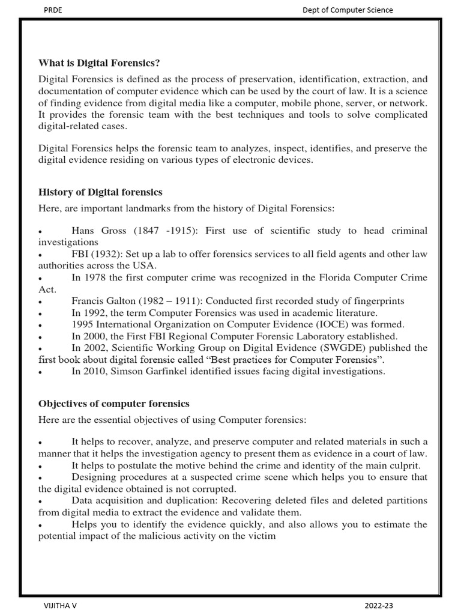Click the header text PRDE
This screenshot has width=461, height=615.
[x=53, y=10]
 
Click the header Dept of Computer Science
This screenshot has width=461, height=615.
[x=348, y=10]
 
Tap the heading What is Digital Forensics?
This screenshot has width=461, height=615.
[x=99, y=63]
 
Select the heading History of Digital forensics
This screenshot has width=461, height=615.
[x=100, y=192]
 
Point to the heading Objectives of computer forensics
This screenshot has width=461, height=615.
[x=114, y=403]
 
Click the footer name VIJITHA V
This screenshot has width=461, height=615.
[x=60, y=606]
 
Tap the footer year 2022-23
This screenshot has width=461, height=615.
[x=379, y=606]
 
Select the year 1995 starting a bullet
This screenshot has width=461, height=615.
[x=82, y=324]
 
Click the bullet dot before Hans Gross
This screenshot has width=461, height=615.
[x=40, y=232]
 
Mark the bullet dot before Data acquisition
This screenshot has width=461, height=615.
[x=40, y=501]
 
